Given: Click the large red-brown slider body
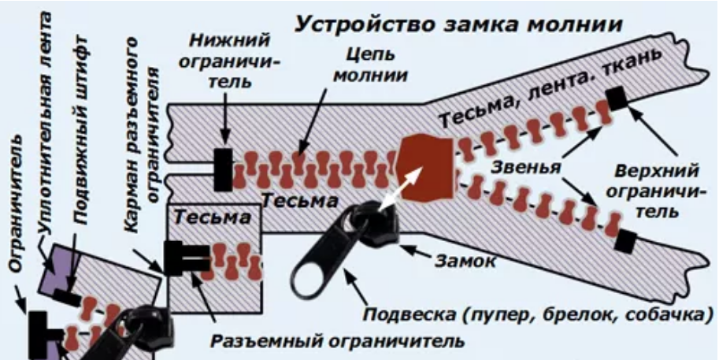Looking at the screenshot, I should (x=426, y=163).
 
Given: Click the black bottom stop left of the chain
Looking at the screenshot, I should (x=223, y=168).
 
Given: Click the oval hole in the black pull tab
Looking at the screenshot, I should (x=317, y=272).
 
